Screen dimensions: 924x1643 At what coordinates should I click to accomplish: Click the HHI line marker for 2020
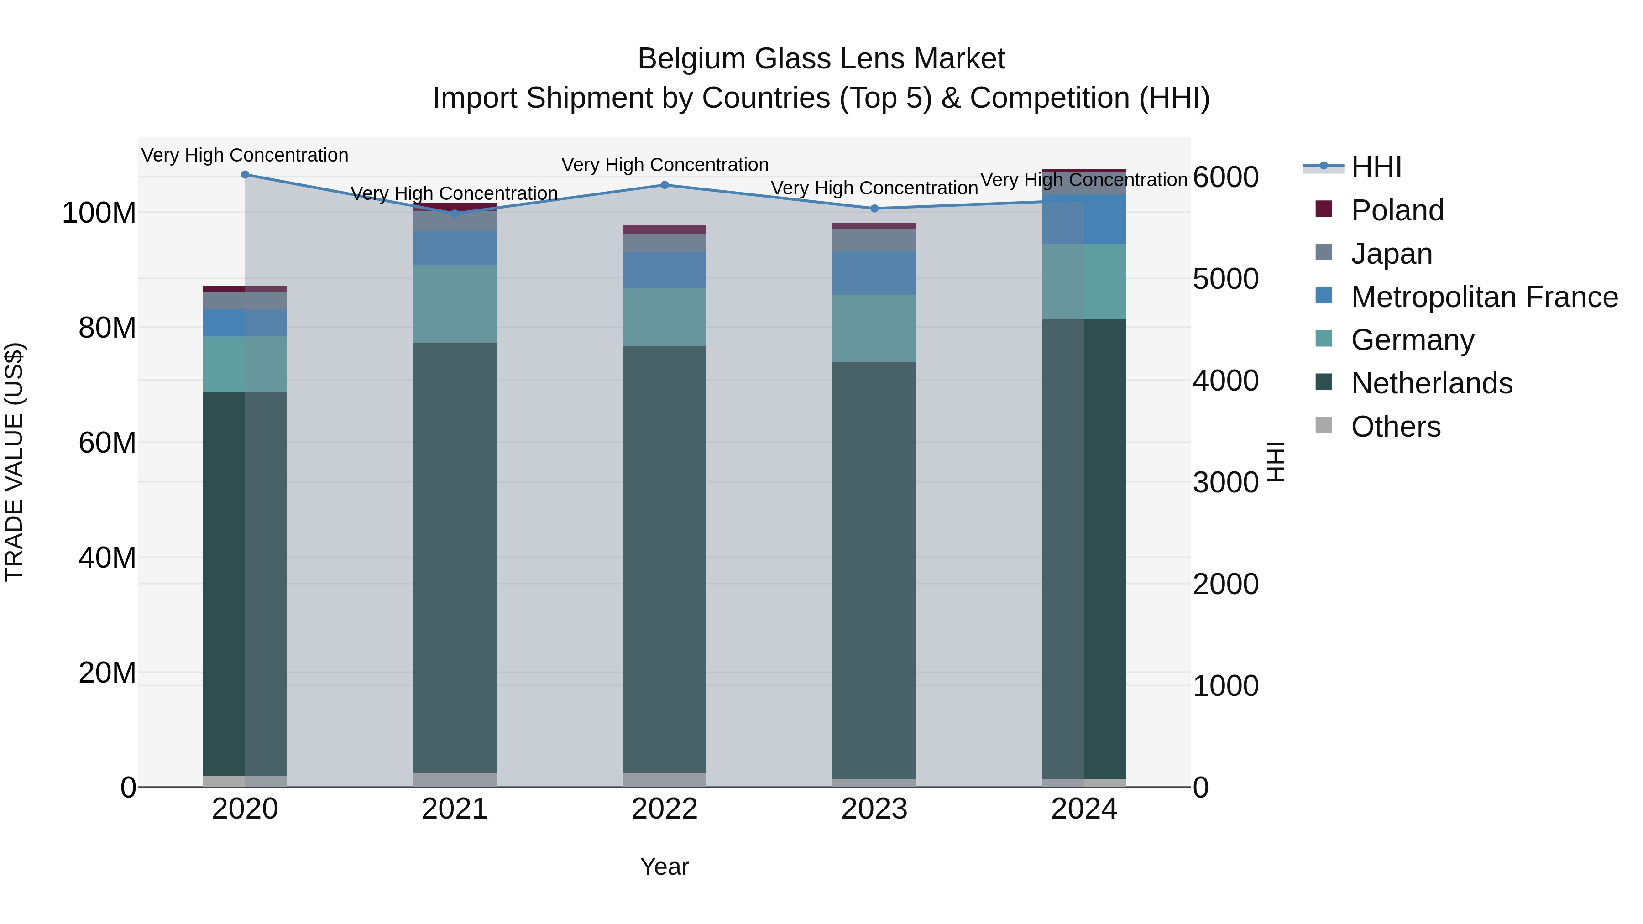click(245, 174)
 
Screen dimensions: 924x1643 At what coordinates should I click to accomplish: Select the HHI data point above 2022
click(665, 185)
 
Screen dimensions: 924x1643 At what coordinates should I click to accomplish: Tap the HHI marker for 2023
click(874, 209)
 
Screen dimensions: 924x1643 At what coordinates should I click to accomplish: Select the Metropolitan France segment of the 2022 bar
click(665, 270)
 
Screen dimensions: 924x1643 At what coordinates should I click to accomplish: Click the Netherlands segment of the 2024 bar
click(1084, 548)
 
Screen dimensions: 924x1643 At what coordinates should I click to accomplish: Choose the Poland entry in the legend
click(1397, 210)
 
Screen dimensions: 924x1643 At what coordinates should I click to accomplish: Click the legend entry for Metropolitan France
click(1484, 297)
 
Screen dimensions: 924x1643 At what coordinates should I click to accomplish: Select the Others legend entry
click(1396, 427)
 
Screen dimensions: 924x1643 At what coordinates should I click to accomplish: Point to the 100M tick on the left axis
click(99, 212)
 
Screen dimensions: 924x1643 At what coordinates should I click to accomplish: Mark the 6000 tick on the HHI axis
click(1225, 177)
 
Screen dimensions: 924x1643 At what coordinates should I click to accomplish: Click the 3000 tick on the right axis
click(1225, 482)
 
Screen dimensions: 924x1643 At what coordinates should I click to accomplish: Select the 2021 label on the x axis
click(455, 809)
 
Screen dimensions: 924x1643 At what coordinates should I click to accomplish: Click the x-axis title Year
click(665, 867)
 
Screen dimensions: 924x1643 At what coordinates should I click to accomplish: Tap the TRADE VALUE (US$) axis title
click(14, 462)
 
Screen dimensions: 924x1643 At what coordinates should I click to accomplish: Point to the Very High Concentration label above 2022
click(665, 165)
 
